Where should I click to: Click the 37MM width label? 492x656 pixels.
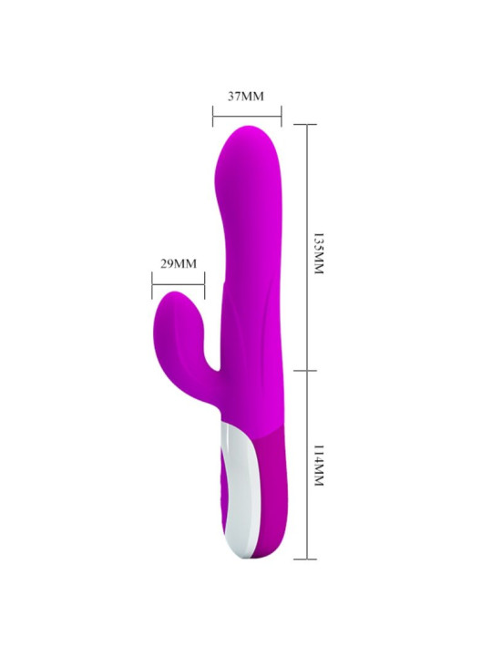246,94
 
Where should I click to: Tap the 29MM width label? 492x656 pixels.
179,264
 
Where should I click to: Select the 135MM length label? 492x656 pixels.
318,248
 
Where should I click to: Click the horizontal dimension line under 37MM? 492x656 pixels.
247,115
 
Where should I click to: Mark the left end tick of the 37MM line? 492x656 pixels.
213,115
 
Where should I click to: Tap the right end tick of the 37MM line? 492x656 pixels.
282,115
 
